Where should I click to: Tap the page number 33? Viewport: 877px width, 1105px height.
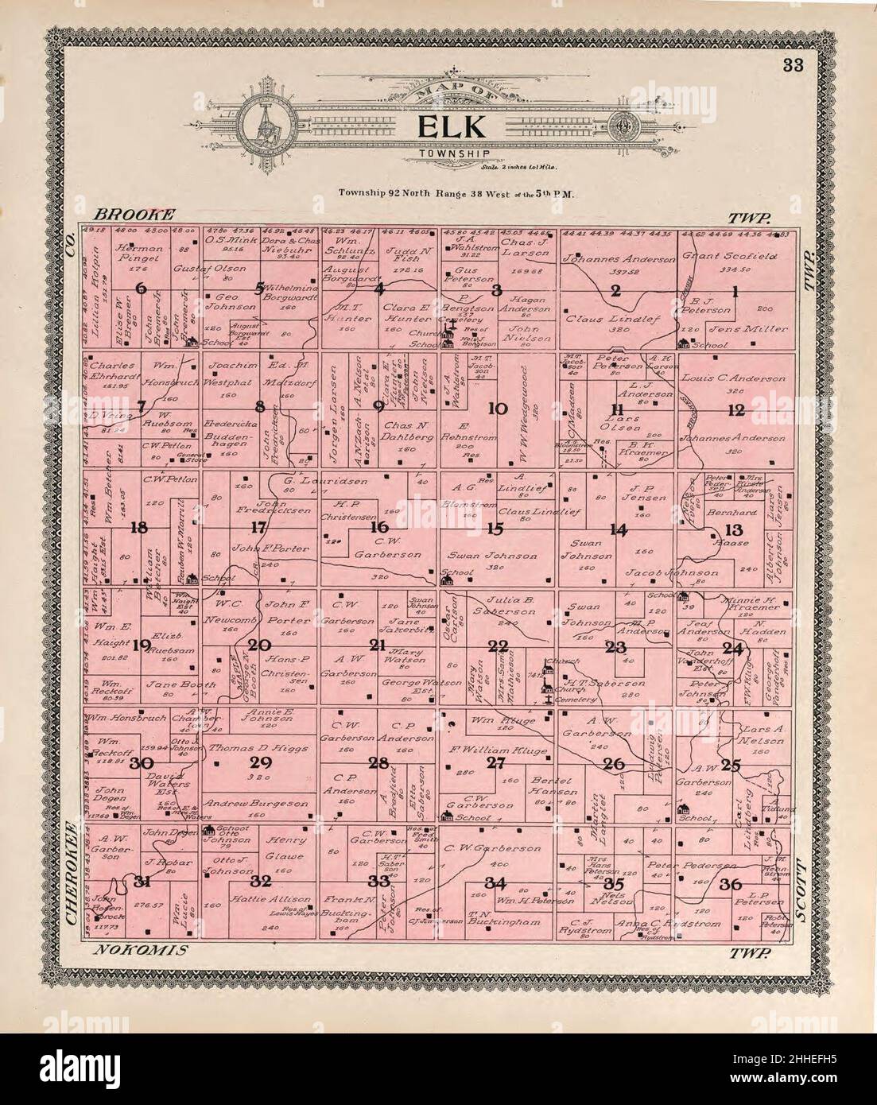(791, 66)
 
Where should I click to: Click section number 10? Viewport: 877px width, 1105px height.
(498, 409)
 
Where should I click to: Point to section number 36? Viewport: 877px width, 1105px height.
(731, 884)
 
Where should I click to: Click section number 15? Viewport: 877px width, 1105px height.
(496, 528)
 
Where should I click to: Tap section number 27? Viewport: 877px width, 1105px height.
(496, 764)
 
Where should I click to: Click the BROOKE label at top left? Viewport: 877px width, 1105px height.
(134, 215)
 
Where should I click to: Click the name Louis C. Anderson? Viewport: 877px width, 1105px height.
(733, 378)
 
